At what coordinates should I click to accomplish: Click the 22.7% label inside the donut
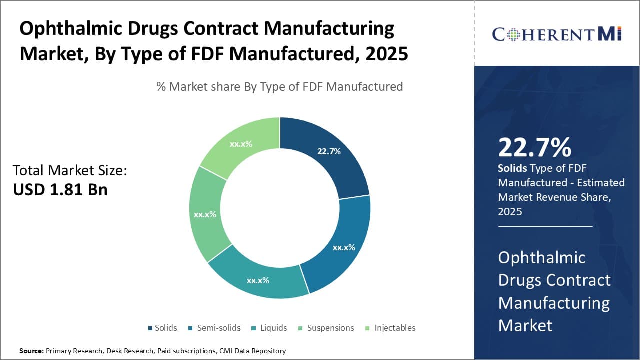click(x=329, y=151)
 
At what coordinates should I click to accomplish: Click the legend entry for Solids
click(x=162, y=328)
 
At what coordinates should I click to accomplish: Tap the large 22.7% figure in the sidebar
click(x=534, y=148)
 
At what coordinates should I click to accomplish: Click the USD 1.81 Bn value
click(x=60, y=189)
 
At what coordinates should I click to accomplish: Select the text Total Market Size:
click(x=70, y=171)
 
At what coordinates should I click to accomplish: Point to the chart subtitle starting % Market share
click(x=279, y=86)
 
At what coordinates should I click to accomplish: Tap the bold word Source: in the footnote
click(x=31, y=351)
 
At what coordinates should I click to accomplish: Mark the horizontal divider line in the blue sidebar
click(x=545, y=226)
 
